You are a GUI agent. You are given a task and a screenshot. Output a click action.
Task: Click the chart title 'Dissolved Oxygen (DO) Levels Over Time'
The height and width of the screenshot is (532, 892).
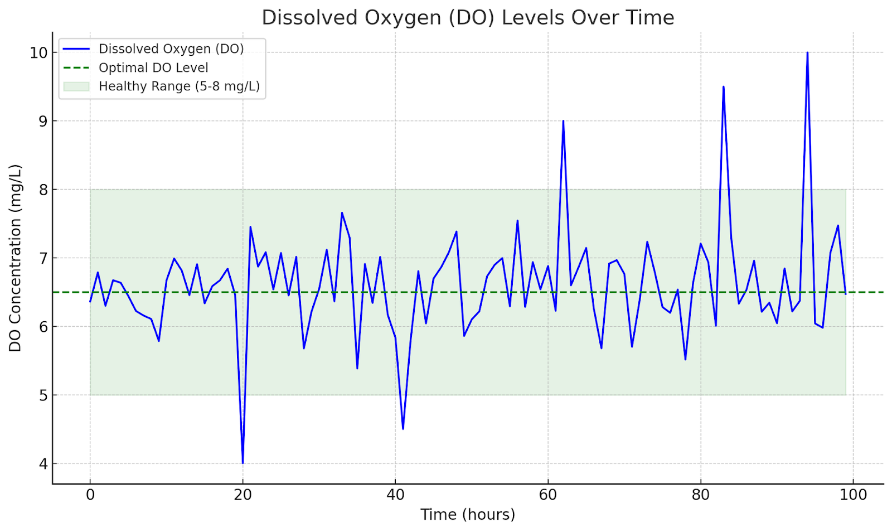[468, 18]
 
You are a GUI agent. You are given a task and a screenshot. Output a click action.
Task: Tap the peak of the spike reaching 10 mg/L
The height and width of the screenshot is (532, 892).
[807, 53]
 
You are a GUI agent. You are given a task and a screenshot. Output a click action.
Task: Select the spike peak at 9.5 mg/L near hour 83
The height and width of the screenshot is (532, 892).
[723, 88]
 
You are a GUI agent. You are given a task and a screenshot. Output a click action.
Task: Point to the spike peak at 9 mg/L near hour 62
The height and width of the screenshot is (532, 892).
[563, 122]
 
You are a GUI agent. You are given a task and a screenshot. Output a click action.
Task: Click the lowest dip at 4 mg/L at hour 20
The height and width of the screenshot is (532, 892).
[243, 462]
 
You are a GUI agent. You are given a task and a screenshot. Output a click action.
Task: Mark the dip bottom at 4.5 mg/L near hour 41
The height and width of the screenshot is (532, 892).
[403, 428]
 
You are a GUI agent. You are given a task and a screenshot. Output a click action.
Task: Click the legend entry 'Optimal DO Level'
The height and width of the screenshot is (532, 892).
[153, 68]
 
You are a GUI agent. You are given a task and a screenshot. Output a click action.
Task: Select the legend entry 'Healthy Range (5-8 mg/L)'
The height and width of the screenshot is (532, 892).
[179, 86]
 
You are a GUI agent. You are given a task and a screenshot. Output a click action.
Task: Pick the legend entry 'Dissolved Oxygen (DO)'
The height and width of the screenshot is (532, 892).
[171, 49]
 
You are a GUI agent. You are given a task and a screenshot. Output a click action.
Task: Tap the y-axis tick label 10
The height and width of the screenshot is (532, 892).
[38, 53]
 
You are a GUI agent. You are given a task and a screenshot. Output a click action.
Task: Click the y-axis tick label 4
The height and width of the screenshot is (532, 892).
[43, 464]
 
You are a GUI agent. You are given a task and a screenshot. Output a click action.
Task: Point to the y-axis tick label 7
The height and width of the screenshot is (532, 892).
[43, 258]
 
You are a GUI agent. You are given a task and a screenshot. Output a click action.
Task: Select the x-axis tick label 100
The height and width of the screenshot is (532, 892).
[853, 495]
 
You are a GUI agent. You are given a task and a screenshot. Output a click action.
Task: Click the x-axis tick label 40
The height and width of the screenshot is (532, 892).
[395, 495]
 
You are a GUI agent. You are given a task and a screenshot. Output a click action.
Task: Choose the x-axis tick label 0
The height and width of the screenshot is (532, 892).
[90, 495]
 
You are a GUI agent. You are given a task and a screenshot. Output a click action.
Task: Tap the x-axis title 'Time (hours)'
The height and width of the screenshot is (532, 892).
[468, 514]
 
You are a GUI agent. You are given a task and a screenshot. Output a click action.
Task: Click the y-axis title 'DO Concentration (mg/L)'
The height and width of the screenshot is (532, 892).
[15, 258]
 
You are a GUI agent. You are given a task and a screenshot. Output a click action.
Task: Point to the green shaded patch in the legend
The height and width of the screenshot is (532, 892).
[76, 86]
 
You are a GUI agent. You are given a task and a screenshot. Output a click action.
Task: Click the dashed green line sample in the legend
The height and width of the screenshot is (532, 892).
[76, 68]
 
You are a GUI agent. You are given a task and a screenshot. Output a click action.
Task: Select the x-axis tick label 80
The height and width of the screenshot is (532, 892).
[700, 495]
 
